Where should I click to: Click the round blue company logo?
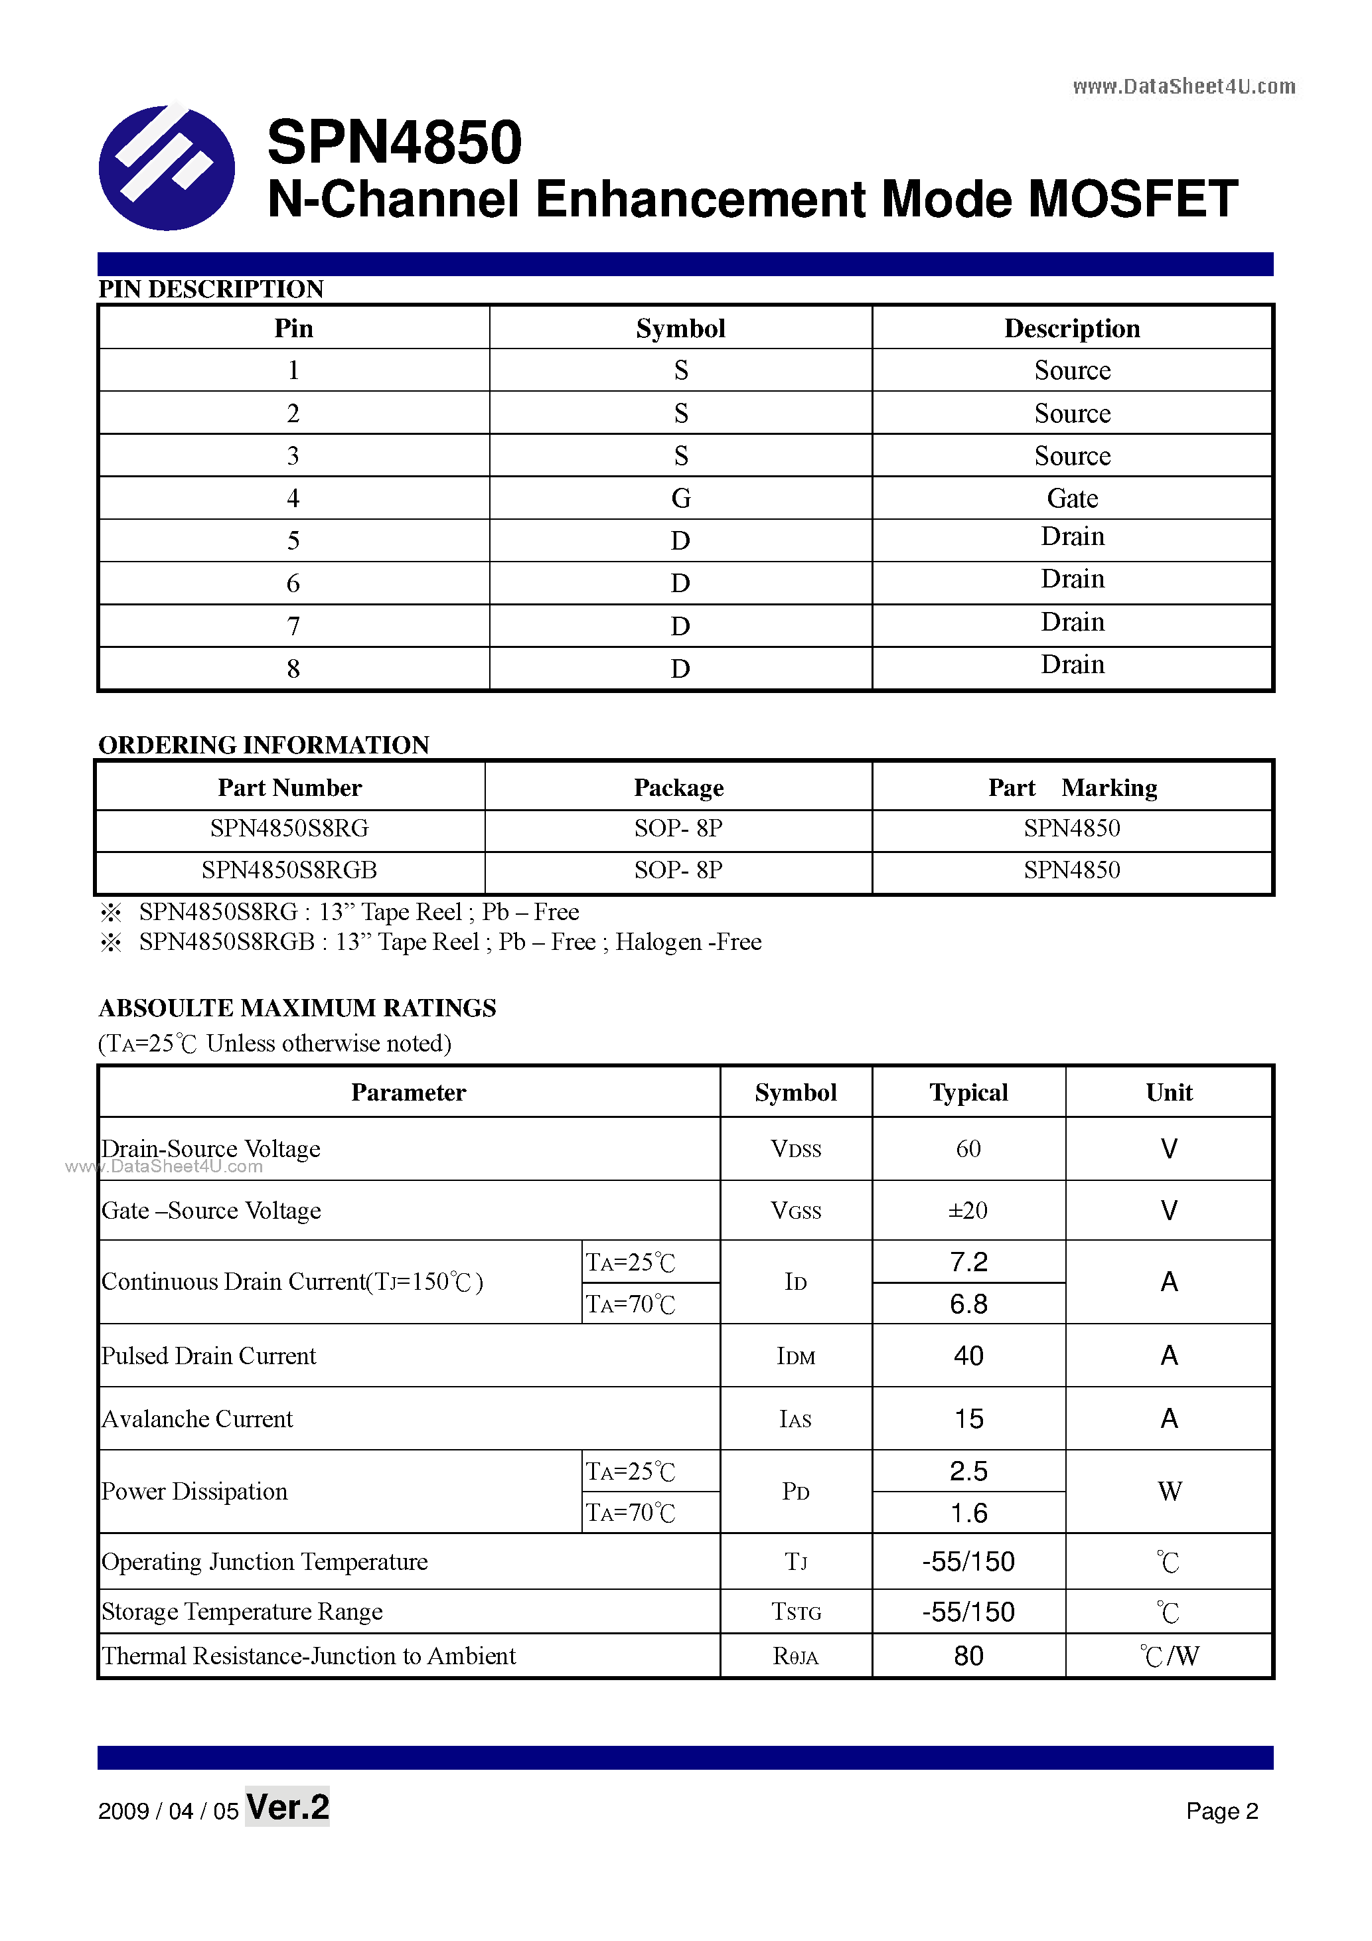click(x=167, y=167)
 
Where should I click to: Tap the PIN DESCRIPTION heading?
click(x=210, y=289)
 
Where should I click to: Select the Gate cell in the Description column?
click(x=1072, y=498)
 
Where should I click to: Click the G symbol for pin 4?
click(x=680, y=498)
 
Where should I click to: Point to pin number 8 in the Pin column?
click(x=293, y=668)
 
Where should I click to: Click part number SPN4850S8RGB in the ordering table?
click(x=289, y=870)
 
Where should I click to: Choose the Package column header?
click(x=679, y=787)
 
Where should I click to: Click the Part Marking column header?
click(x=1072, y=787)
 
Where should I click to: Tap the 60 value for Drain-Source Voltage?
click(x=968, y=1149)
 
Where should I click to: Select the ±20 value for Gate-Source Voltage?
click(x=968, y=1211)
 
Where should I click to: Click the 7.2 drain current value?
click(x=968, y=1262)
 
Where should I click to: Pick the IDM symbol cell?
click(x=795, y=1356)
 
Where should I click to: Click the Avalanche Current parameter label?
click(x=197, y=1419)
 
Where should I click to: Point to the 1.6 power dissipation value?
click(x=968, y=1514)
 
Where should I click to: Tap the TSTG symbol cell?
click(x=795, y=1612)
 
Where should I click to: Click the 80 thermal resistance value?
click(x=968, y=1656)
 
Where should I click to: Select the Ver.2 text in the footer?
click(x=287, y=1808)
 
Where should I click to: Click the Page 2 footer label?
click(x=1221, y=1811)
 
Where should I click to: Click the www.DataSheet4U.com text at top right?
click(x=1183, y=86)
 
